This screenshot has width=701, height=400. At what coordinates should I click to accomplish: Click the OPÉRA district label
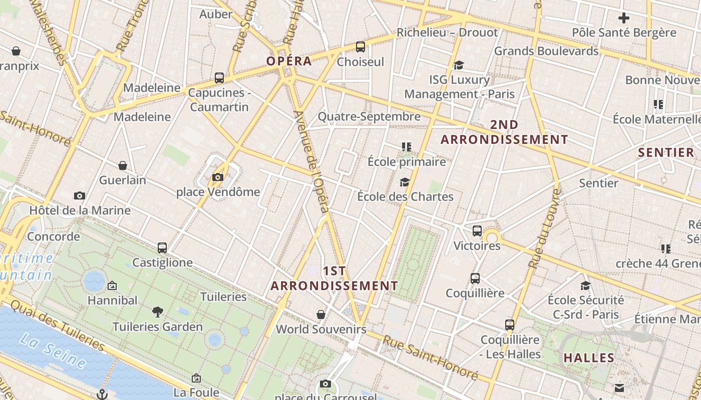(289, 61)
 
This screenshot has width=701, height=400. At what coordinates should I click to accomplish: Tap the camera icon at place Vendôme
(217, 177)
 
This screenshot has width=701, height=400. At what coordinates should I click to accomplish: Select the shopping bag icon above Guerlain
(123, 165)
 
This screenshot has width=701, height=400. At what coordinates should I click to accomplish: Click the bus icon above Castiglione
(162, 247)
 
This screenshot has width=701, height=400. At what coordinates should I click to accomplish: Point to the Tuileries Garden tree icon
(158, 312)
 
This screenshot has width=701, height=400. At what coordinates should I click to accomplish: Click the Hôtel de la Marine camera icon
(79, 195)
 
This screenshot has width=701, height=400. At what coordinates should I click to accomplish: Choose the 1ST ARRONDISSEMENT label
(334, 278)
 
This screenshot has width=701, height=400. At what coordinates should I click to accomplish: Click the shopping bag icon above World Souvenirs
(321, 314)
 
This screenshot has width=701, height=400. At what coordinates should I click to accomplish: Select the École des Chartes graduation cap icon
(405, 182)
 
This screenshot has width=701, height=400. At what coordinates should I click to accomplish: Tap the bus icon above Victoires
(477, 231)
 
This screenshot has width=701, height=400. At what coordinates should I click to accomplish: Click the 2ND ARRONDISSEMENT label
(504, 132)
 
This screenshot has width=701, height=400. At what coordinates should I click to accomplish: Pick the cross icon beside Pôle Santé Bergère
(623, 18)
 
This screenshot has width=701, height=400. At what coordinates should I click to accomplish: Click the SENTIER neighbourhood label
(666, 152)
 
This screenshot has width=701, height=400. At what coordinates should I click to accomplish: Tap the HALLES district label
(589, 357)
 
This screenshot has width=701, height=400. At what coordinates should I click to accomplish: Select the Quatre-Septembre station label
(369, 116)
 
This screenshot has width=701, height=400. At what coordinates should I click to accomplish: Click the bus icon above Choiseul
(360, 47)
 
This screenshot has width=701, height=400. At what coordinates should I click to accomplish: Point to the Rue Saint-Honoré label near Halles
(431, 357)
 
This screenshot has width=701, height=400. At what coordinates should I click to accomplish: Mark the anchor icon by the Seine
(102, 394)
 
